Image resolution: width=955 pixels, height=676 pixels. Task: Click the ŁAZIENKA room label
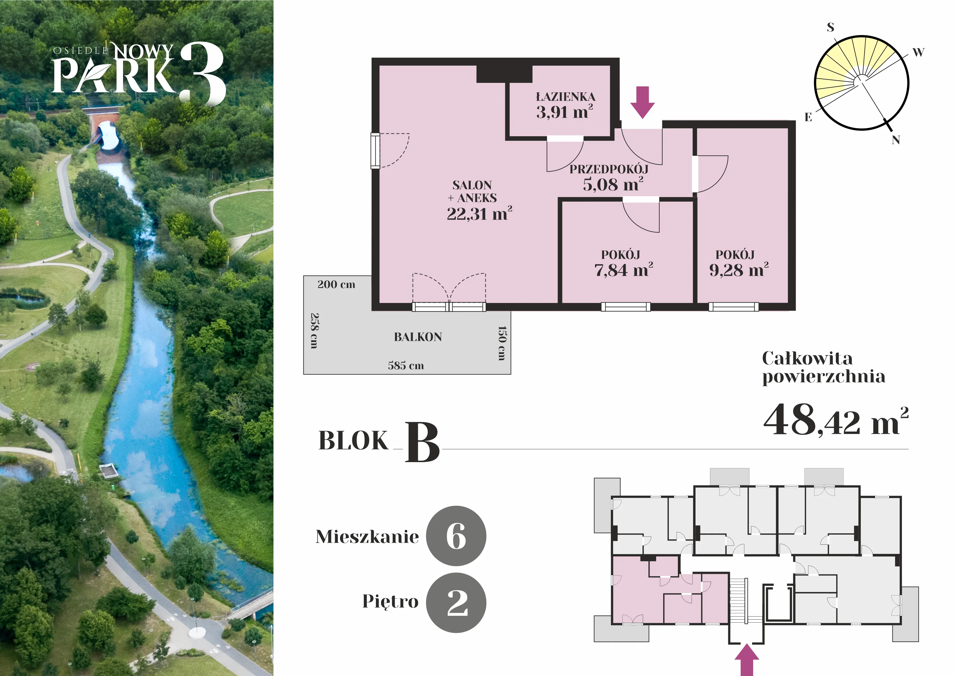pyautogui.click(x=565, y=97)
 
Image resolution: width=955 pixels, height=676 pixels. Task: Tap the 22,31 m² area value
pyautogui.click(x=479, y=214)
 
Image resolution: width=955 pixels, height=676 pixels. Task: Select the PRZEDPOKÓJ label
pyautogui.click(x=609, y=169)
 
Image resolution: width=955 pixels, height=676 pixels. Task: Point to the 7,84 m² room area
pyautogui.click(x=623, y=270)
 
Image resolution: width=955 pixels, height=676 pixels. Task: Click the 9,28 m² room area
pyautogui.click(x=739, y=270)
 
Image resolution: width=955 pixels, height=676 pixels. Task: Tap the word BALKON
pyautogui.click(x=418, y=337)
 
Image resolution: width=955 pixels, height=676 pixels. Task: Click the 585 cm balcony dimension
pyautogui.click(x=406, y=365)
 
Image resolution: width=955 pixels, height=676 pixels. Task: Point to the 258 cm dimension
pyautogui.click(x=315, y=331)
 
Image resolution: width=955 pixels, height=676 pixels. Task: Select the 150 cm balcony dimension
pyautogui.click(x=502, y=343)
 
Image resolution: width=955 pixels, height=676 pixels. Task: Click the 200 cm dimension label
pyautogui.click(x=336, y=284)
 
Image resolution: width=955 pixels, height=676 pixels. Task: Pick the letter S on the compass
pyautogui.click(x=831, y=27)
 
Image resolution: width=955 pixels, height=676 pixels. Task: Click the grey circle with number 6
pyautogui.click(x=456, y=536)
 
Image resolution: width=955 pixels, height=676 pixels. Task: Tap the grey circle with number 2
pyautogui.click(x=456, y=603)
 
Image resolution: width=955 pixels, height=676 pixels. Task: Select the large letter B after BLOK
pyautogui.click(x=422, y=442)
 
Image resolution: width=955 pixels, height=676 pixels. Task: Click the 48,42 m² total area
pyautogui.click(x=836, y=420)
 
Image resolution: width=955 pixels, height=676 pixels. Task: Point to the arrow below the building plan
pyautogui.click(x=747, y=660)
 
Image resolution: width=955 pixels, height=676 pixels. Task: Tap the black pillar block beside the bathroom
pyautogui.click(x=504, y=74)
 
